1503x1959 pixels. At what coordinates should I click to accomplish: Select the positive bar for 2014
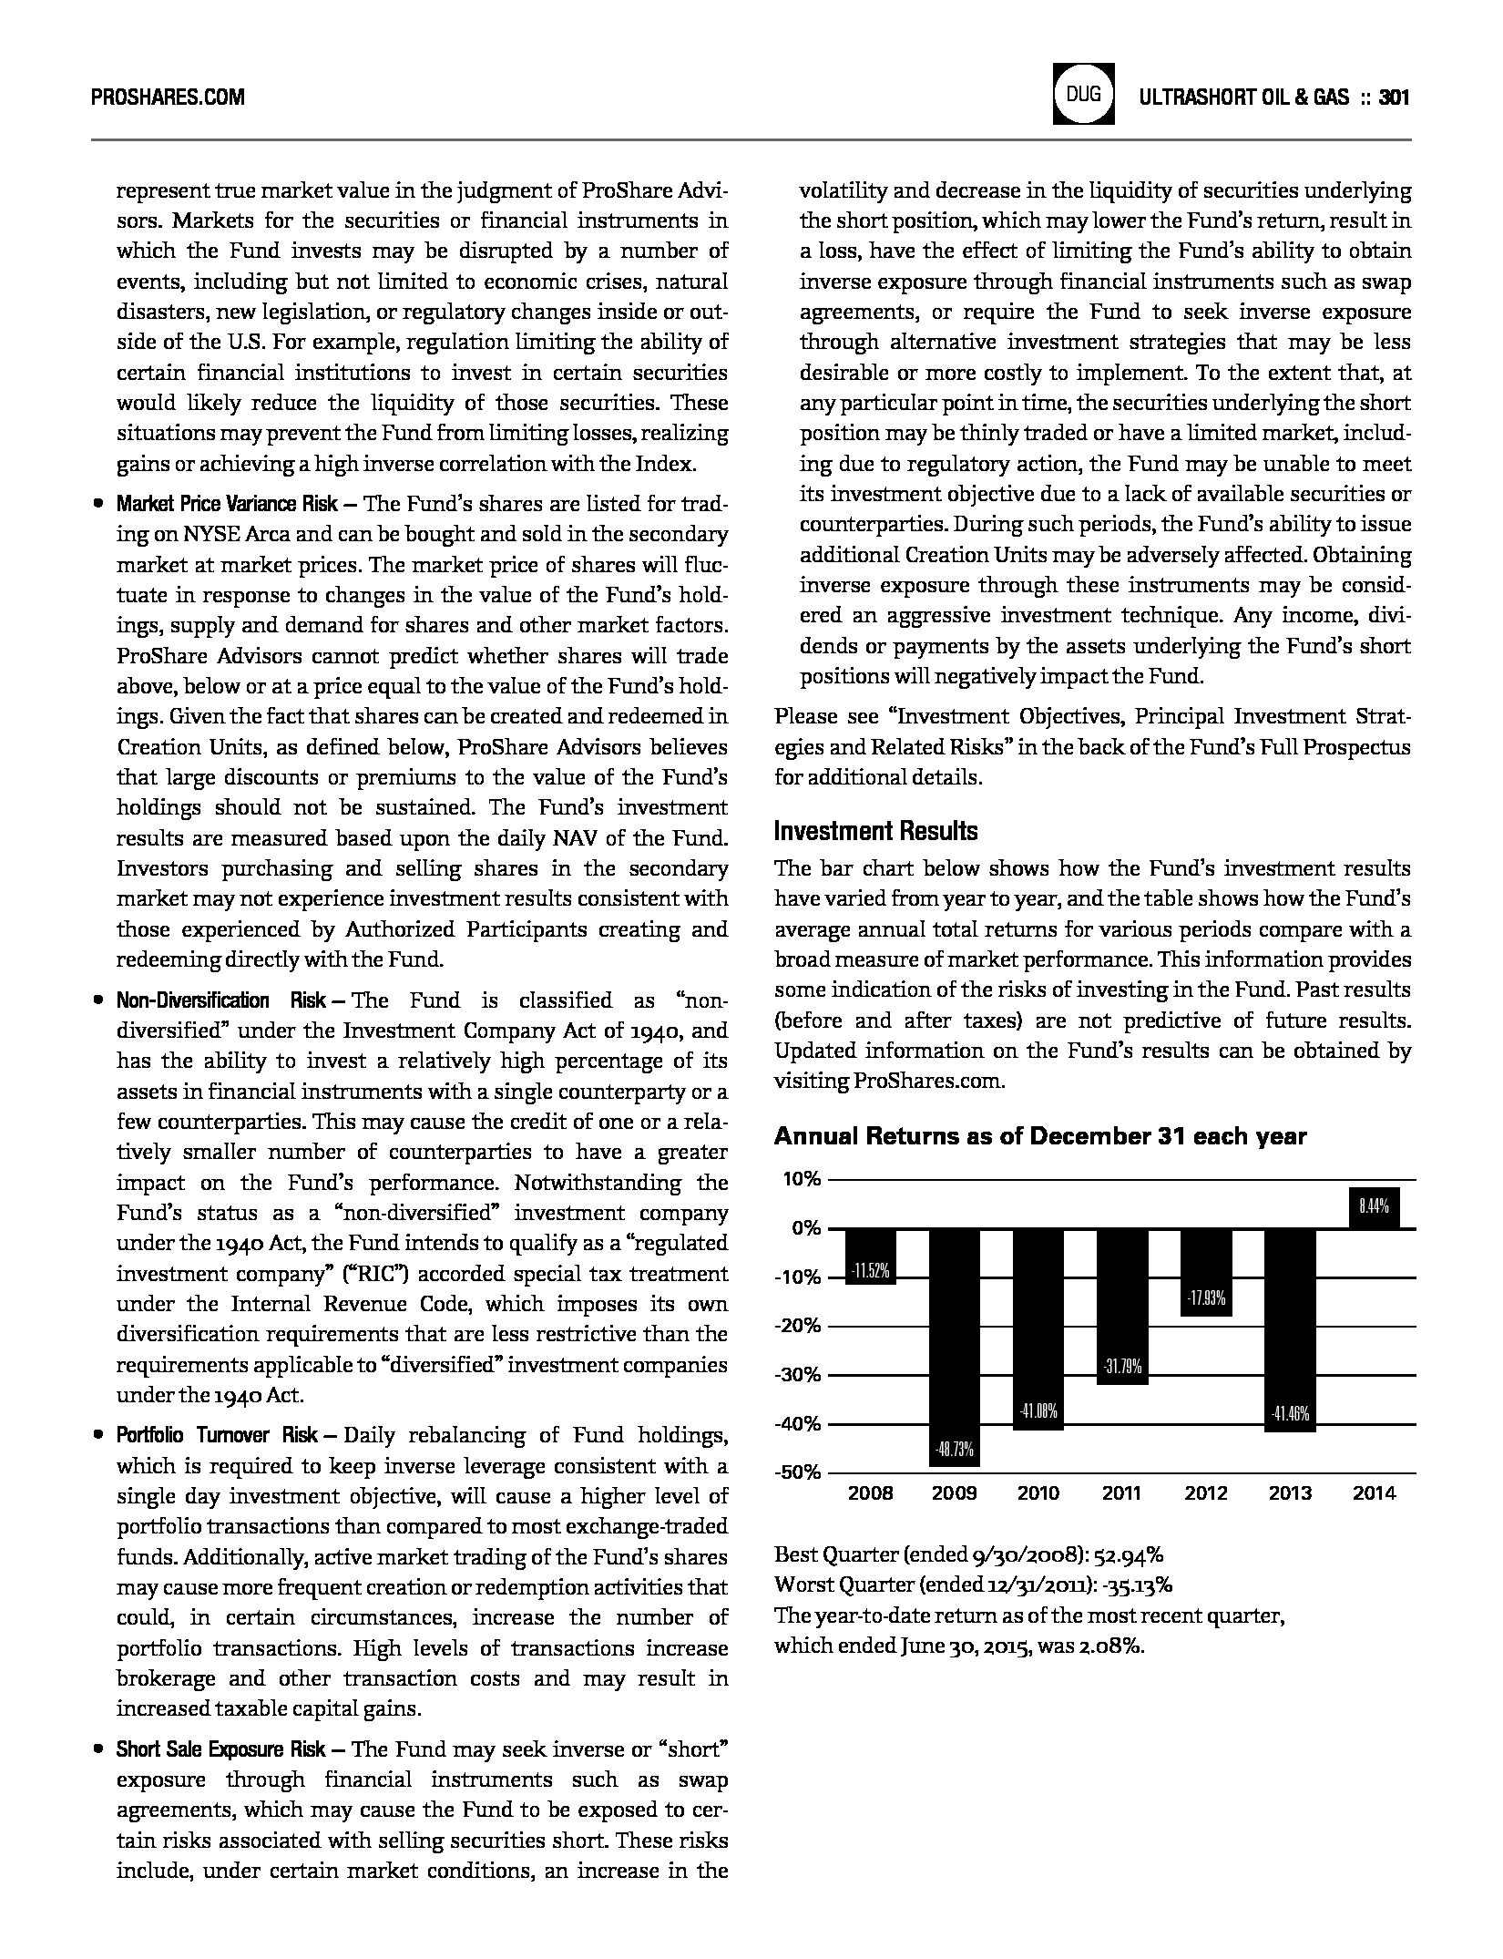(1374, 1208)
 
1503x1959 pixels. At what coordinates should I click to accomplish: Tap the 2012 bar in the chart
(1206, 1272)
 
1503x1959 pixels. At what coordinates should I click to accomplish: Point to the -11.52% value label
(870, 1271)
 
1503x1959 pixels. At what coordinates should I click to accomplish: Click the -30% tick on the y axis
(798, 1375)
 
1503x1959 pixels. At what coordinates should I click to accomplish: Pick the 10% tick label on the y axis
(802, 1179)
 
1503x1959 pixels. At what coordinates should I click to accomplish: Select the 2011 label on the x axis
(1121, 1493)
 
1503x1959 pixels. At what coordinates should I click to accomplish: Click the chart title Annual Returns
(1039, 1136)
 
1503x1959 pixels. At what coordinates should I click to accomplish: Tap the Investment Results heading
(875, 831)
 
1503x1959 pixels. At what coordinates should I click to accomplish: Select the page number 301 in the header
(1395, 97)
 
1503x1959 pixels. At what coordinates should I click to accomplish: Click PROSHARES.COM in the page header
(169, 97)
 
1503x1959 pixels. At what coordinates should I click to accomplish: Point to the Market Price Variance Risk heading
(227, 504)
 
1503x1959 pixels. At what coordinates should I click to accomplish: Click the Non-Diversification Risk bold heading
(221, 1000)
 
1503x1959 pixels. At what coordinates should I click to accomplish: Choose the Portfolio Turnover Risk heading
(217, 1436)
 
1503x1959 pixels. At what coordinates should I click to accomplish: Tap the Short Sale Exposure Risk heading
(220, 1749)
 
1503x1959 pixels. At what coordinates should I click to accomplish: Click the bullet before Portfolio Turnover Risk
(97, 1436)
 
